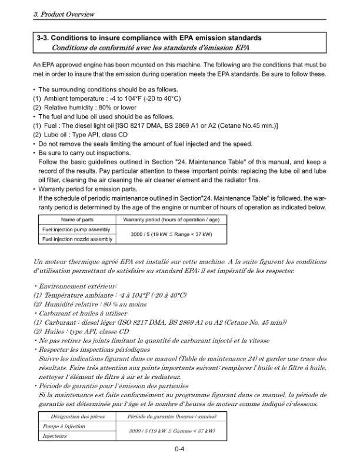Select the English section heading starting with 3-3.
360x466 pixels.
149,38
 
